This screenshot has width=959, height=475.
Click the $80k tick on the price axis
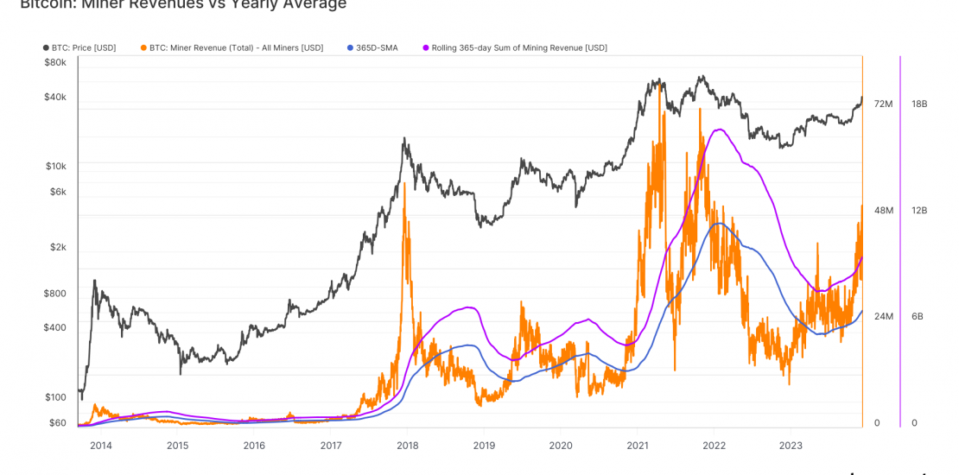55,62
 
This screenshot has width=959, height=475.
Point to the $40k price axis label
55,97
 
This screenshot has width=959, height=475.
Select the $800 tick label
55,293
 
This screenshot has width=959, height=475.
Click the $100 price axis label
55,397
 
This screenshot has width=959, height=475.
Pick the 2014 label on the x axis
100,446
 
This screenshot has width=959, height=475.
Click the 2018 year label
407,446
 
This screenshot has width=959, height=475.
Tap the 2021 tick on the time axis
637,446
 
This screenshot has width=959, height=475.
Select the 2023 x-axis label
790,446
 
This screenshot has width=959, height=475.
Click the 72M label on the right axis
883,104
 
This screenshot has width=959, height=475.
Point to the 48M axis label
883,211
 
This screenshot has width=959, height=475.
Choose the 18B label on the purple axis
919,104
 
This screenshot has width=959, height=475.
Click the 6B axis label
919,317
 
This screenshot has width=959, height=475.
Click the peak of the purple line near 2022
716,130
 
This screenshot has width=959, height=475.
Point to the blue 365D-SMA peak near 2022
717,224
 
